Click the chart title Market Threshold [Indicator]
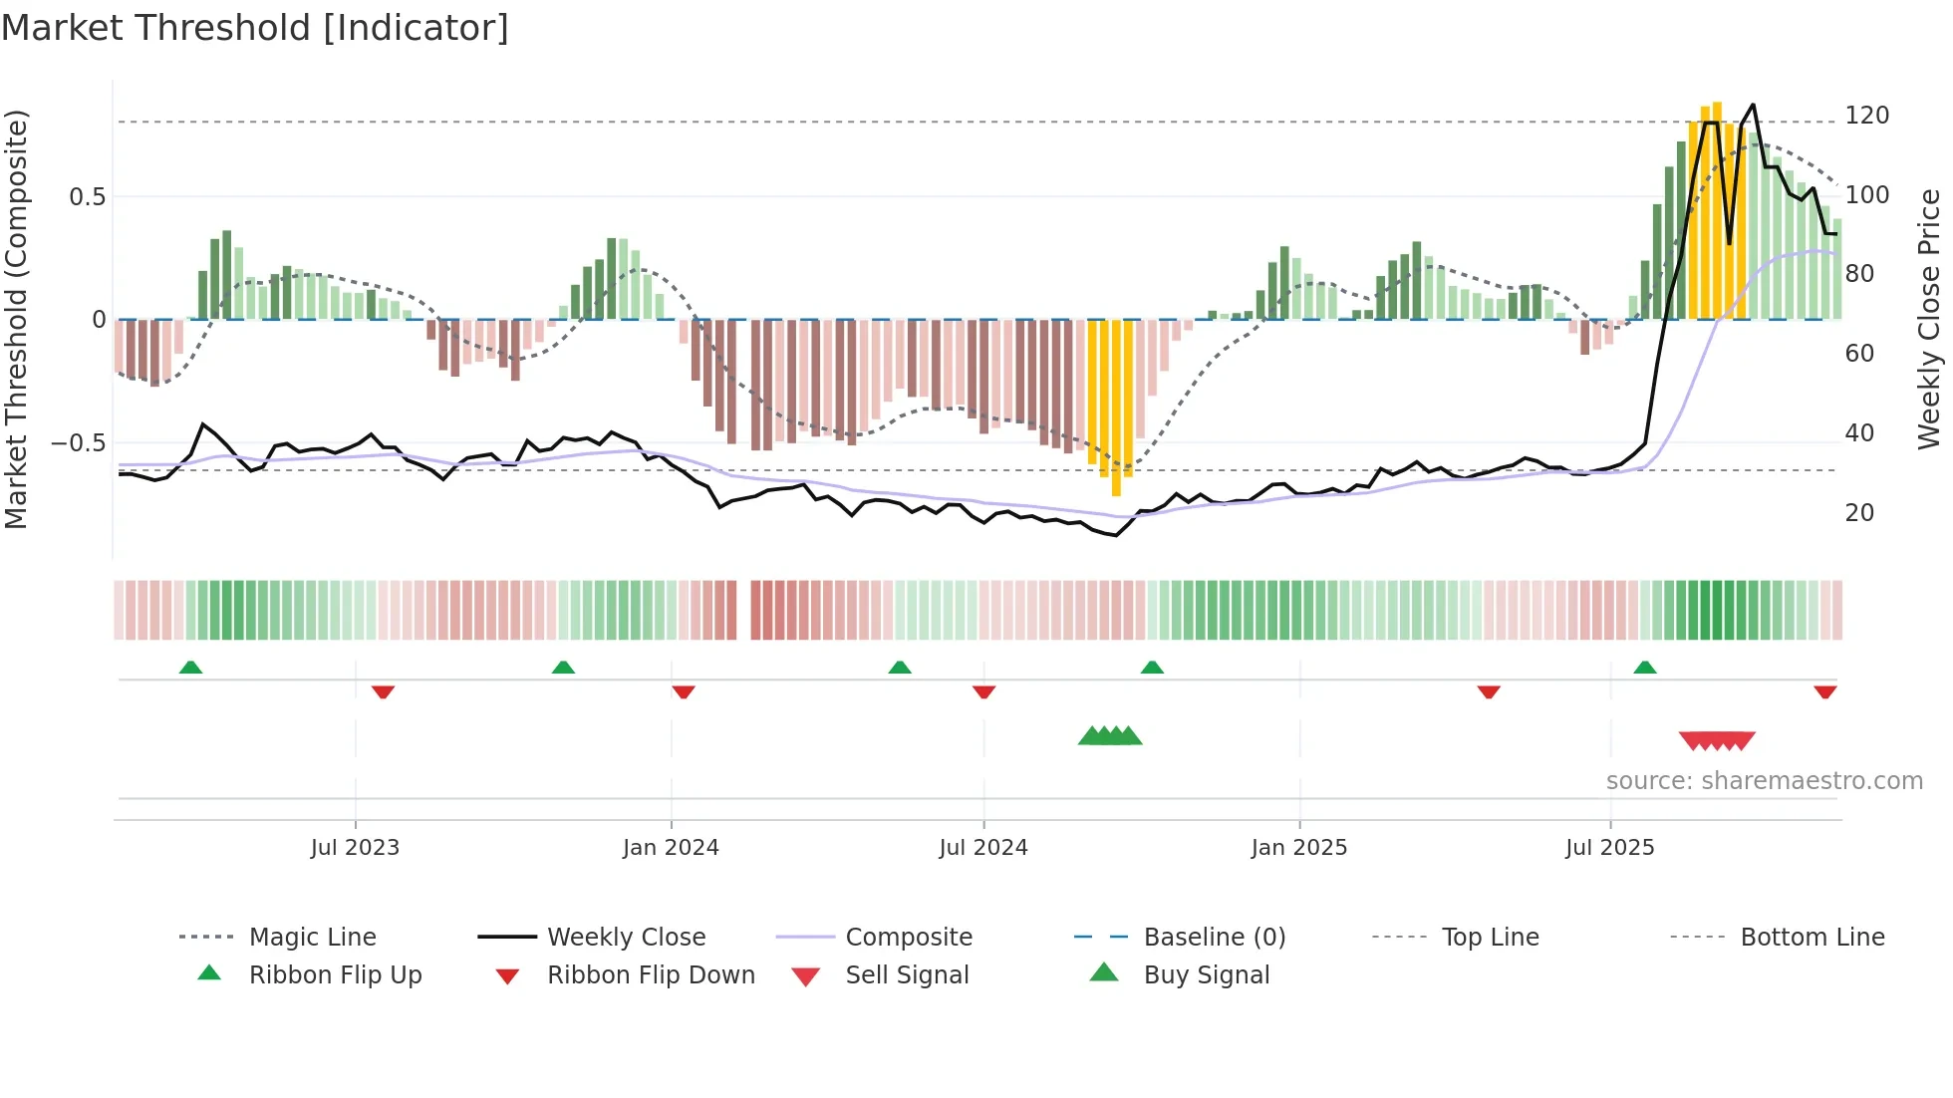(x=255, y=28)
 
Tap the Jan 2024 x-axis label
(x=671, y=847)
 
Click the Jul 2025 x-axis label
(x=1609, y=847)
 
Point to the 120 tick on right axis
(x=1866, y=116)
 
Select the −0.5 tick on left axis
(x=78, y=442)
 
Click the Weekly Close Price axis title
(x=1929, y=319)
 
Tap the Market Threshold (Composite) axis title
(x=16, y=319)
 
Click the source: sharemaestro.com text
(x=1764, y=780)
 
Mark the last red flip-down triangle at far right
(x=1824, y=691)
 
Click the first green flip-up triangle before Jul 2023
(x=190, y=667)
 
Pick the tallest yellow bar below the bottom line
(x=1116, y=409)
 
